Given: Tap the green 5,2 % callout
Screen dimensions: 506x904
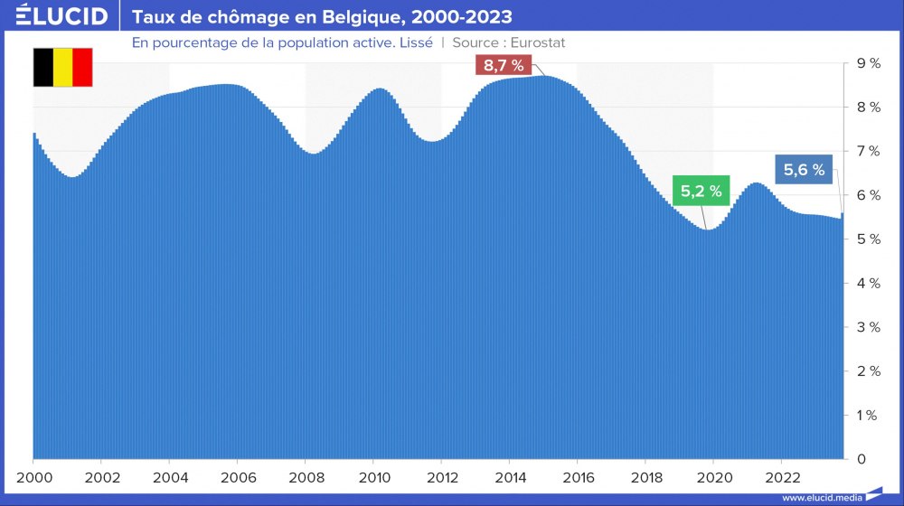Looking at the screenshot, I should coord(702,191).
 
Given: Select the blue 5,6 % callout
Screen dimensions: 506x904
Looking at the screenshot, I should coord(804,170).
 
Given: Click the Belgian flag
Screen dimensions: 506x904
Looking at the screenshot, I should coord(62,67).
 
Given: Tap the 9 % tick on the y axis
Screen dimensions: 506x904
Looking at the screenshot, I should coord(869,63).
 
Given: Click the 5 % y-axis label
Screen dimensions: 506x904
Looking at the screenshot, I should coord(869,239).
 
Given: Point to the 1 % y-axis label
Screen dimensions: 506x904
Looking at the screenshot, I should coord(869,416).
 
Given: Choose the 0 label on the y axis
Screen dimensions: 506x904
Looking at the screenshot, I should coord(862,459).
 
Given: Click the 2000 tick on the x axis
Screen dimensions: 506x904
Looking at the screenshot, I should coord(33,477).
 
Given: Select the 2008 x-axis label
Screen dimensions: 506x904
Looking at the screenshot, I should coord(306,477).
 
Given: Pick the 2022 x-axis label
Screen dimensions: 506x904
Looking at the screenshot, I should coord(782,477).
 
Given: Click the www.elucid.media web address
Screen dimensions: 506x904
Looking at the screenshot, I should coord(821,497).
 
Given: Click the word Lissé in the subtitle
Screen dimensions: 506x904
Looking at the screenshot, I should coord(414,42).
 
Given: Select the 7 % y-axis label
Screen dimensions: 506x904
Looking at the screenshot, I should coord(869,151).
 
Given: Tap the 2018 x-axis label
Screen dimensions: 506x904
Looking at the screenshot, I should coord(645,477).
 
